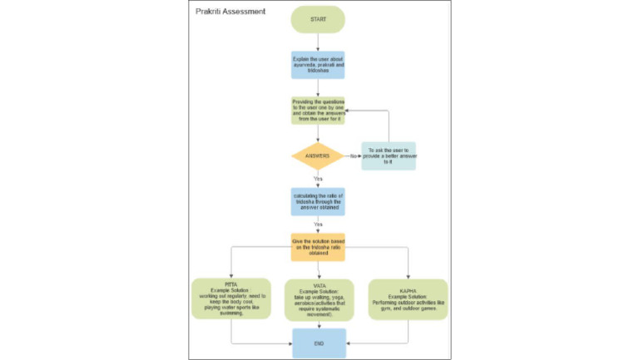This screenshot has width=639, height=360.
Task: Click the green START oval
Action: point(318,19)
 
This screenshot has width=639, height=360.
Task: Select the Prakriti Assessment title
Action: point(230,12)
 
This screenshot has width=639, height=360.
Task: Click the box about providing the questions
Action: point(318,110)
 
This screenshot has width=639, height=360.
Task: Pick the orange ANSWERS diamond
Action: point(318,155)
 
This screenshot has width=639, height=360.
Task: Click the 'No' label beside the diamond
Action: point(353,156)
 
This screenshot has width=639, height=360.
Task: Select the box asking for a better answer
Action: point(388,156)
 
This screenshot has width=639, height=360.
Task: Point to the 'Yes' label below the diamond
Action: point(318,179)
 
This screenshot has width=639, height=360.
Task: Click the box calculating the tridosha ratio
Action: point(318,200)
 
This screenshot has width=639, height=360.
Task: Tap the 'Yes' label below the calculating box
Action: point(318,224)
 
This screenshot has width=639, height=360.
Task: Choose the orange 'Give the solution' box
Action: point(318,246)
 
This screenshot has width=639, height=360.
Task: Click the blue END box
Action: point(318,343)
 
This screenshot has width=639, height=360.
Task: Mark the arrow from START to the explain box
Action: point(318,42)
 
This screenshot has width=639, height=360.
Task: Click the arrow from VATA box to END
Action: point(319,323)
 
